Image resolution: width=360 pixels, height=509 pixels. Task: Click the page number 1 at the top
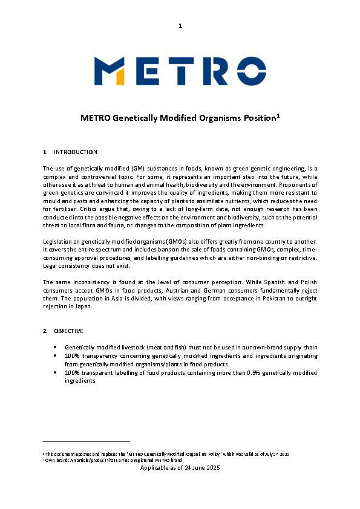coord(180,25)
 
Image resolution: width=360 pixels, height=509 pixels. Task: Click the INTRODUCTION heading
coord(76,152)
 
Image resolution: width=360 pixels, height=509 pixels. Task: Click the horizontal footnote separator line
coord(86,441)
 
